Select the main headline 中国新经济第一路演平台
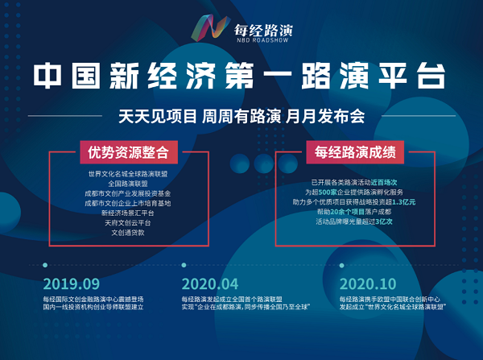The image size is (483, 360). pos(241,77)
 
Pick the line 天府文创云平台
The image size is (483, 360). pos(128,221)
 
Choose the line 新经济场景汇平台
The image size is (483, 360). pos(128,212)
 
